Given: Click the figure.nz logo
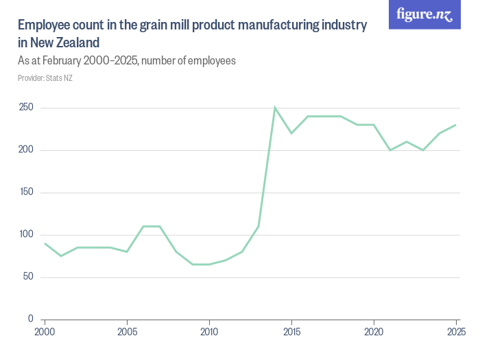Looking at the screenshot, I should pyautogui.click(x=424, y=15).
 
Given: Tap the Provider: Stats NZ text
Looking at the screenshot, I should pyautogui.click(x=45, y=78).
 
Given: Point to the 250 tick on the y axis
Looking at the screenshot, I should pyautogui.click(x=26, y=108).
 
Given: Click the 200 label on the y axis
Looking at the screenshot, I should pyautogui.click(x=26, y=150).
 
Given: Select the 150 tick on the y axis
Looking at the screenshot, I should pyautogui.click(x=26, y=193).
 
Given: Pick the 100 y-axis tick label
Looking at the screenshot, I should pyautogui.click(x=26, y=235).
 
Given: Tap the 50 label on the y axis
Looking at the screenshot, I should pyautogui.click(x=28, y=277).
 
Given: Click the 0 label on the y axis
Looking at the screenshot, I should pyautogui.click(x=31, y=319).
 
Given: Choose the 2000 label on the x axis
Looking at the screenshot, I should pyautogui.click(x=45, y=332).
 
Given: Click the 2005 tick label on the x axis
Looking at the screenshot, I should pyautogui.click(x=127, y=332).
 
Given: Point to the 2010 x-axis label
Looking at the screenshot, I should pyautogui.click(x=209, y=332).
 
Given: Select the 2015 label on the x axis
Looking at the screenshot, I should pyautogui.click(x=291, y=332).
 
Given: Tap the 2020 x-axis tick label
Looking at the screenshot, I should pyautogui.click(x=374, y=332).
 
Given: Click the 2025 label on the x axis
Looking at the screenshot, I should pyautogui.click(x=455, y=332).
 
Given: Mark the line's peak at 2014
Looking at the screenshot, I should pyautogui.click(x=275, y=108).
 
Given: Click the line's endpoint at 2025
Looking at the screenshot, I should pyautogui.click(x=456, y=125).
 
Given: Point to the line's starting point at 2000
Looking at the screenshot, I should pyautogui.click(x=45, y=243).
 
